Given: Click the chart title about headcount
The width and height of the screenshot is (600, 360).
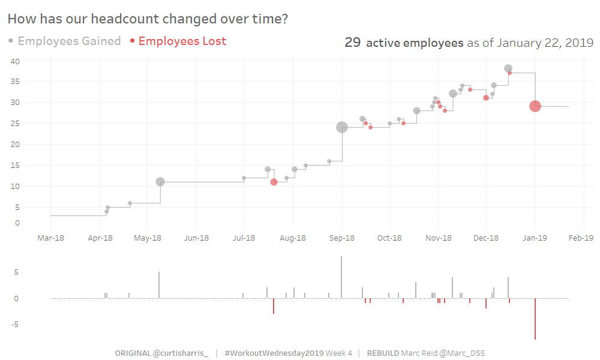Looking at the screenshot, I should [148, 19].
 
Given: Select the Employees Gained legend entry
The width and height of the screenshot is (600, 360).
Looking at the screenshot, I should [69, 41].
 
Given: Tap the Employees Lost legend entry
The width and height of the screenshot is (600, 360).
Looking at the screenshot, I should [182, 41].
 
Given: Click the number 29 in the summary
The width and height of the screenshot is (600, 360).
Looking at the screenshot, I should [352, 43].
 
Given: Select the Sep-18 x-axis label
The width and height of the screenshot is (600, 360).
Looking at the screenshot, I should [341, 238].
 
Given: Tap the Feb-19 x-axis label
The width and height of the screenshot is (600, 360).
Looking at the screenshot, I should [581, 238].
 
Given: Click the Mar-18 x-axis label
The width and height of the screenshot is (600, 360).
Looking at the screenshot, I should [50, 238].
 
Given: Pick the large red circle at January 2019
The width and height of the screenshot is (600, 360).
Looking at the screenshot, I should [535, 106].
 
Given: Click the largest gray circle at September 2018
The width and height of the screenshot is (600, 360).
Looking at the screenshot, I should [342, 127].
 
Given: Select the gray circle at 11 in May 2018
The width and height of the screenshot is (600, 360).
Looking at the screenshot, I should [160, 182].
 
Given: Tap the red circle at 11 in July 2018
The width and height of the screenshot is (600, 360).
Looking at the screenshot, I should [274, 182].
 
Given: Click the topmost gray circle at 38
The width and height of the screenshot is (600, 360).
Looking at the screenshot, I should [508, 68].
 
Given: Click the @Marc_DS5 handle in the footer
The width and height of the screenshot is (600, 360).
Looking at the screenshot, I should [462, 353].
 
